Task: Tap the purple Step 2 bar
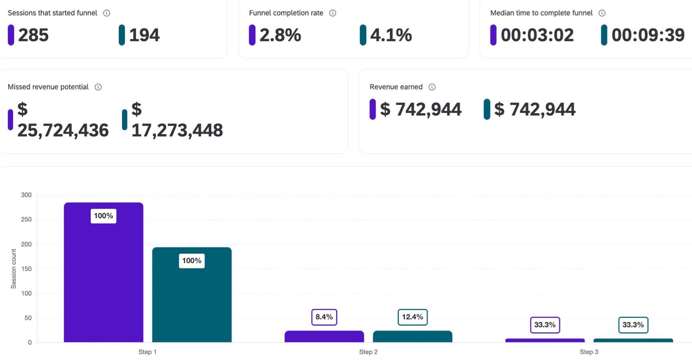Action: pyautogui.click(x=324, y=336)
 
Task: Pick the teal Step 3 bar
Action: pyautogui.click(x=633, y=340)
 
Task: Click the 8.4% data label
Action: pyautogui.click(x=324, y=317)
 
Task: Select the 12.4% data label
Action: pyautogui.click(x=412, y=317)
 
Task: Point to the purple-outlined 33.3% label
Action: pyautogui.click(x=545, y=325)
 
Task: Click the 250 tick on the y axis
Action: pyautogui.click(x=26, y=220)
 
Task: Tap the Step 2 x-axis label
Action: pyautogui.click(x=368, y=352)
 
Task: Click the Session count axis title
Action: pyautogui.click(x=13, y=269)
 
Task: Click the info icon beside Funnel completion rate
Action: pyautogui.click(x=333, y=13)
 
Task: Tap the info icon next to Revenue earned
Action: pyautogui.click(x=432, y=87)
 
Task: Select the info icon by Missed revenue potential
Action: pyautogui.click(x=98, y=87)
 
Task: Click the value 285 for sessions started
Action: pyautogui.click(x=33, y=35)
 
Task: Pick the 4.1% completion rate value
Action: pyautogui.click(x=391, y=35)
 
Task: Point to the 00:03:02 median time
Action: pyautogui.click(x=537, y=35)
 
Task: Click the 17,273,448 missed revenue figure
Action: pyautogui.click(x=177, y=130)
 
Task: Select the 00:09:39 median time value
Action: pyautogui.click(x=648, y=35)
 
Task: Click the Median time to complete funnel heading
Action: pyautogui.click(x=541, y=13)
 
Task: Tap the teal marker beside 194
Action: pyautogui.click(x=122, y=35)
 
